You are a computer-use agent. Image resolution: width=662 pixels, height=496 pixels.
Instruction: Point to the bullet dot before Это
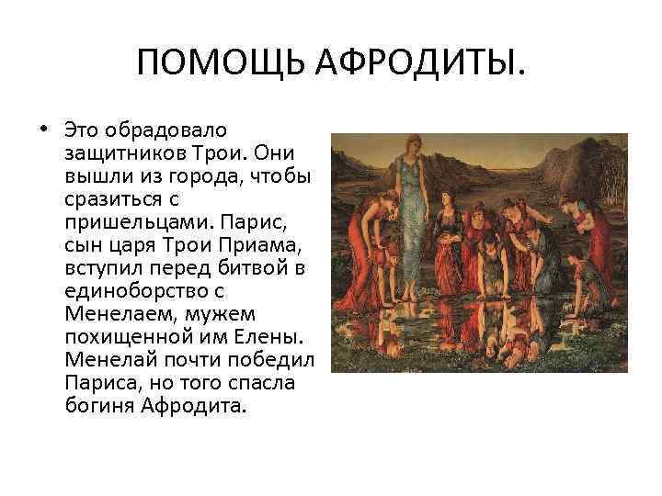43,127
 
